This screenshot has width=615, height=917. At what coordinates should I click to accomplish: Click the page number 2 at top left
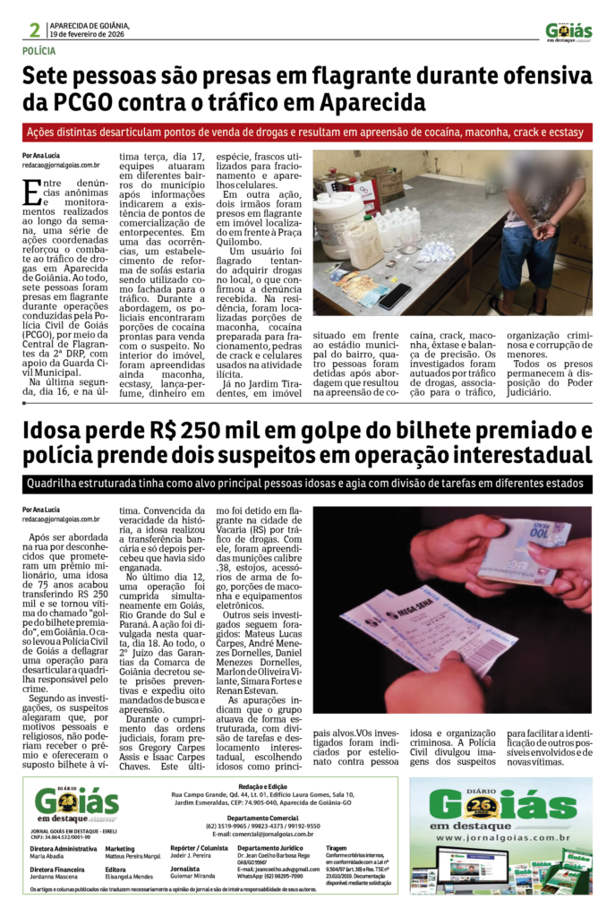34,30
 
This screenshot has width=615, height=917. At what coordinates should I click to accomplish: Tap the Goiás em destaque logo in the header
568,32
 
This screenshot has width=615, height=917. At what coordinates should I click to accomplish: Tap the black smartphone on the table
394,296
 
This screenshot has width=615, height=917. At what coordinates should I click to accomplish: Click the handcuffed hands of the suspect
543,230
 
